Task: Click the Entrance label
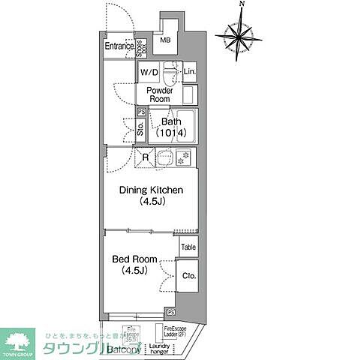coord(119,46)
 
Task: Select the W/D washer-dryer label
coord(149,73)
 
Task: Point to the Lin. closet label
coord(190,73)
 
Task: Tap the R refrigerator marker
coord(146,157)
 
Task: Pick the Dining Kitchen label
coord(152,196)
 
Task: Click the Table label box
coord(188,246)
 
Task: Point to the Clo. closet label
coord(188,276)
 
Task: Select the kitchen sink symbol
coord(164,157)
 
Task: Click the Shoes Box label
coord(140,46)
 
